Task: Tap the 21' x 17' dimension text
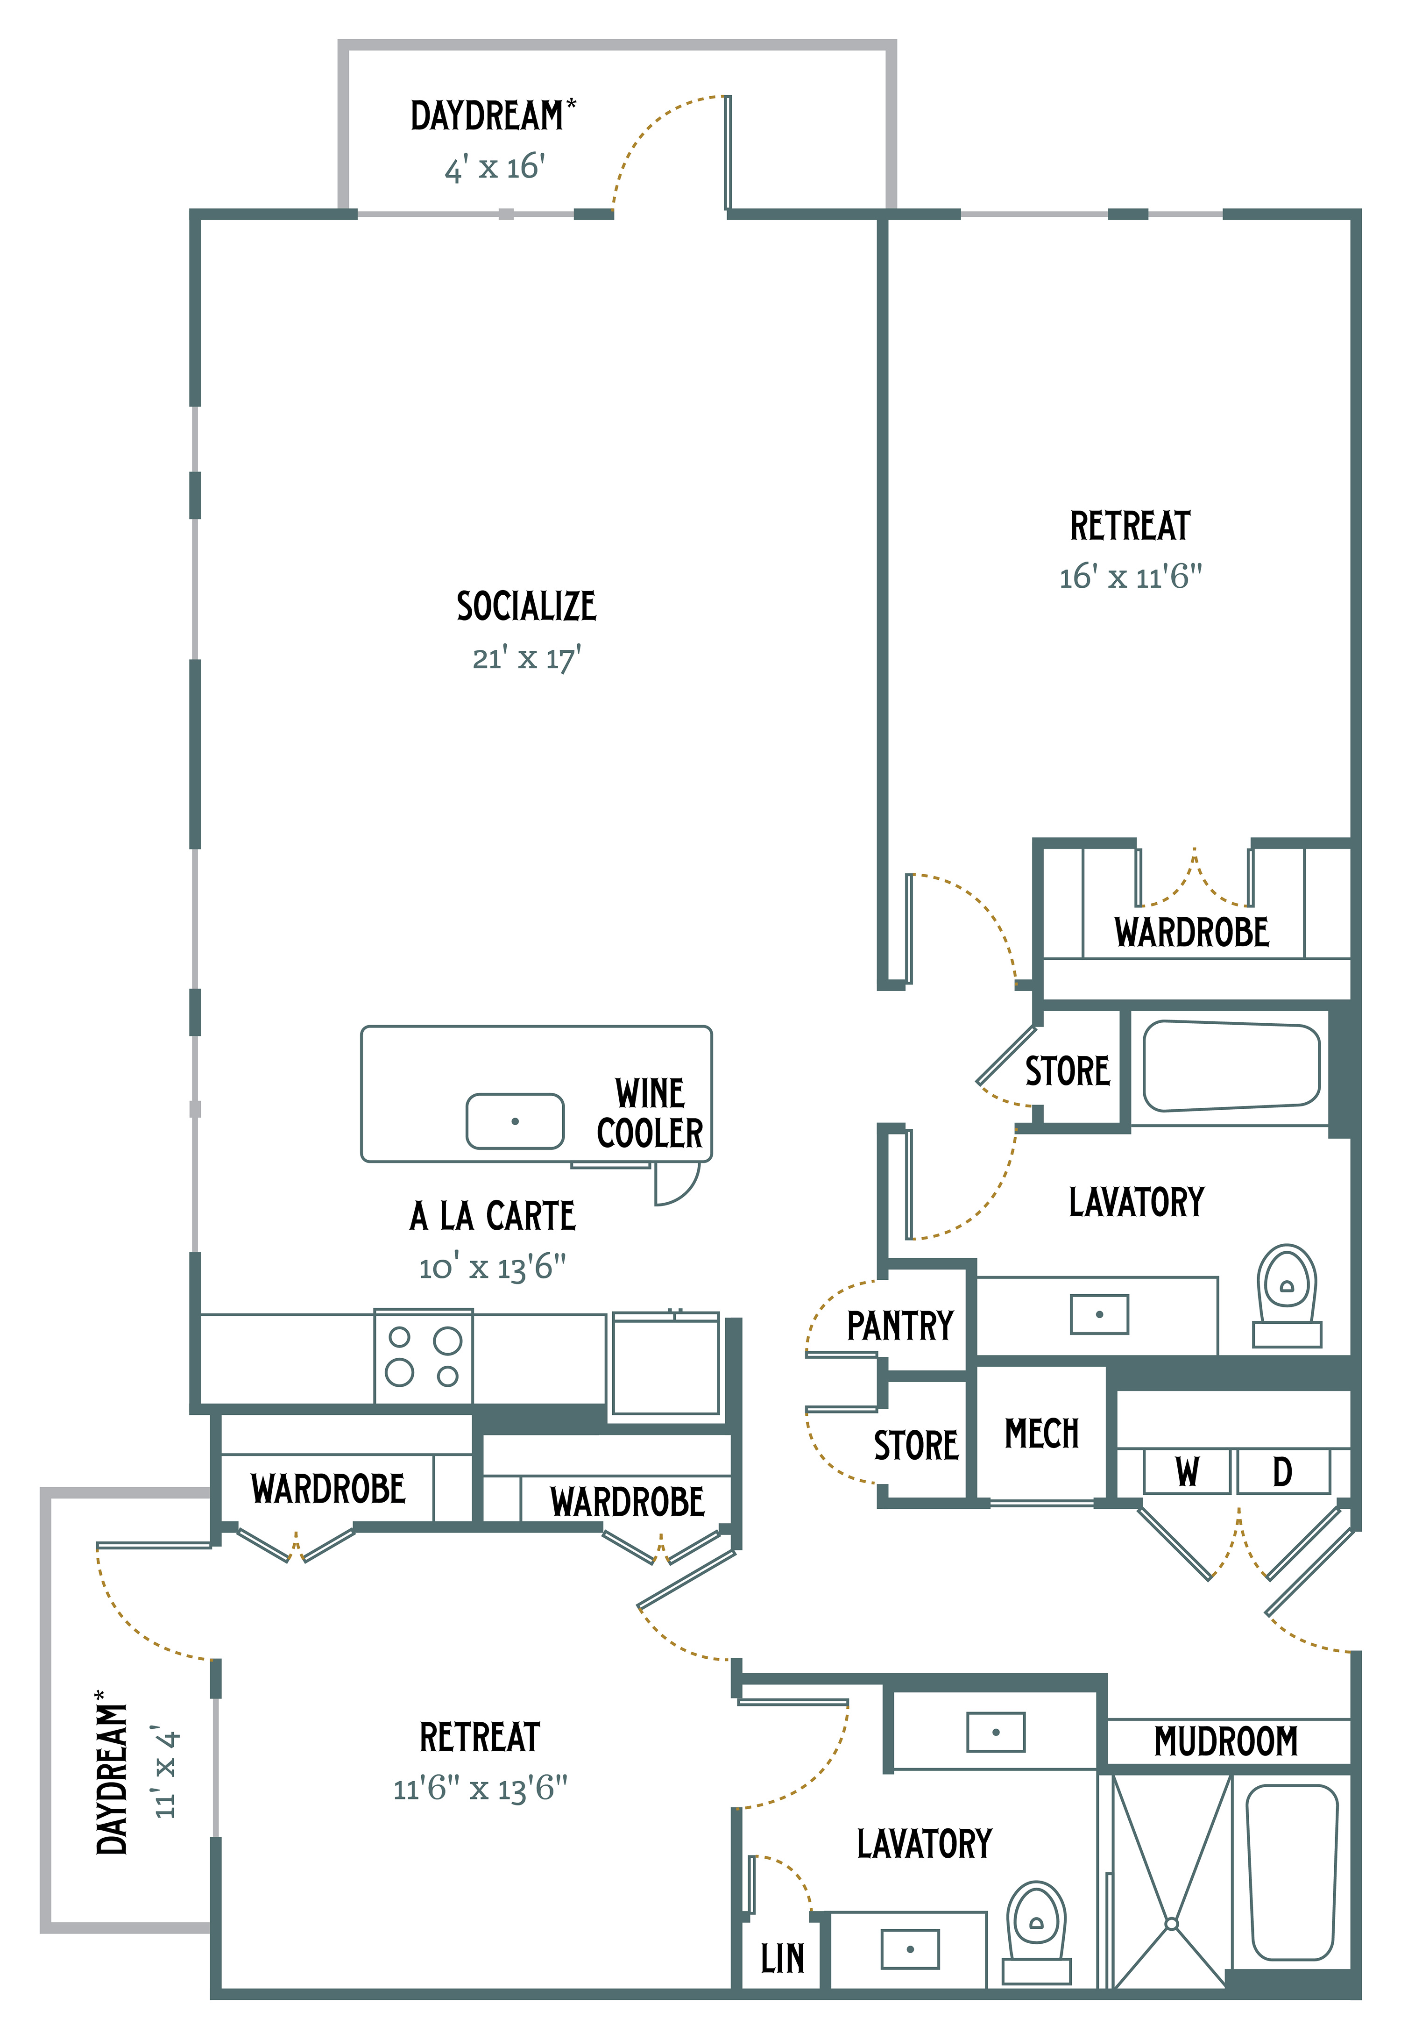pyautogui.click(x=527, y=658)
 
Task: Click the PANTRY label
pyautogui.click(x=900, y=1325)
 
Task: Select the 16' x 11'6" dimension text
pyautogui.click(x=1131, y=577)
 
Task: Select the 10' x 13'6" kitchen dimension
pyautogui.click(x=493, y=1267)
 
